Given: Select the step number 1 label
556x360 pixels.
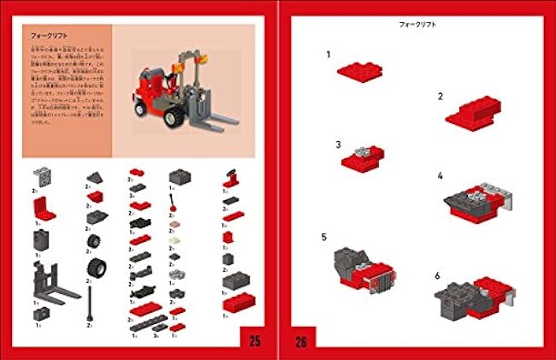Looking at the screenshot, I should [328, 55].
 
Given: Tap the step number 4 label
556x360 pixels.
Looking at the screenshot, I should [440, 176].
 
